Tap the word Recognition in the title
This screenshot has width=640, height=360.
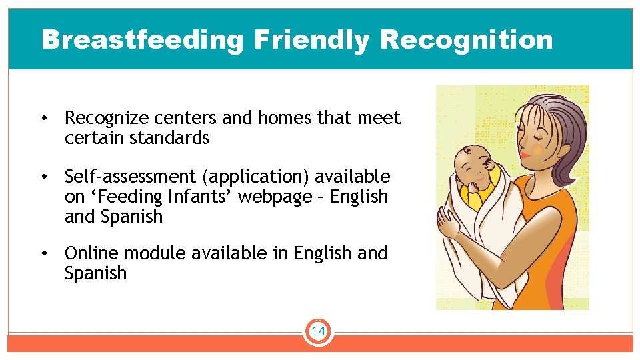pos(466,41)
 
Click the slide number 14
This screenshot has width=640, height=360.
pos(318,331)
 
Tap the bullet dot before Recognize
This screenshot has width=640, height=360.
pos(43,119)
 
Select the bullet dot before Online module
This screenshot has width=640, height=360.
pos(43,254)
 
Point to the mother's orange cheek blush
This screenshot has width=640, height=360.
pos(537,151)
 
